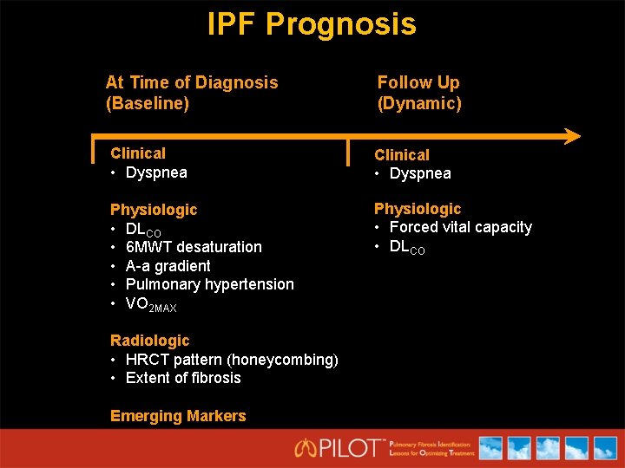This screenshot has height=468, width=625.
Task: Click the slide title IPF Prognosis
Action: point(312,23)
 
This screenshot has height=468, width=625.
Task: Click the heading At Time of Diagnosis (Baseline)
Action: point(191,93)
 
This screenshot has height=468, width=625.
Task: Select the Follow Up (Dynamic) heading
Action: point(419,93)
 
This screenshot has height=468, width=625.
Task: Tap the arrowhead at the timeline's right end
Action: point(570,136)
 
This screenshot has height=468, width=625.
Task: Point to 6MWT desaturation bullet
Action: point(193,247)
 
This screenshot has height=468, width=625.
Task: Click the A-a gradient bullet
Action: point(168,266)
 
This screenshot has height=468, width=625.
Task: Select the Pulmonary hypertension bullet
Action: point(209,284)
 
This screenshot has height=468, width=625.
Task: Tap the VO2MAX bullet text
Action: point(150,304)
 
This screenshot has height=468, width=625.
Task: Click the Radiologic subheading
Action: point(149,341)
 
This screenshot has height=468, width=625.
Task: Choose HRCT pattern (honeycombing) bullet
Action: point(231,360)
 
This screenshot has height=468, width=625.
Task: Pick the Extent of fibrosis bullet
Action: point(182,378)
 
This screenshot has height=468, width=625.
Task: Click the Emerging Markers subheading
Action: point(178,416)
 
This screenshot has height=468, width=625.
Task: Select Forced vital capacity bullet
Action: point(460,227)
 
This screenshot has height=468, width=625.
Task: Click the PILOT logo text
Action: point(340,448)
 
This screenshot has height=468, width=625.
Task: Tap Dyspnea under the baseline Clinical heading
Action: point(155,172)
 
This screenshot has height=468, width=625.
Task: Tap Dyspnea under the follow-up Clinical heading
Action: point(419,173)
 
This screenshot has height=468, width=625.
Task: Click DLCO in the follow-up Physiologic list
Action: point(406,247)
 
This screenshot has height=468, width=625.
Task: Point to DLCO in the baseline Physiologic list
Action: point(143,230)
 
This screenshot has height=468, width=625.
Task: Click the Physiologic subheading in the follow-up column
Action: point(418,209)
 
